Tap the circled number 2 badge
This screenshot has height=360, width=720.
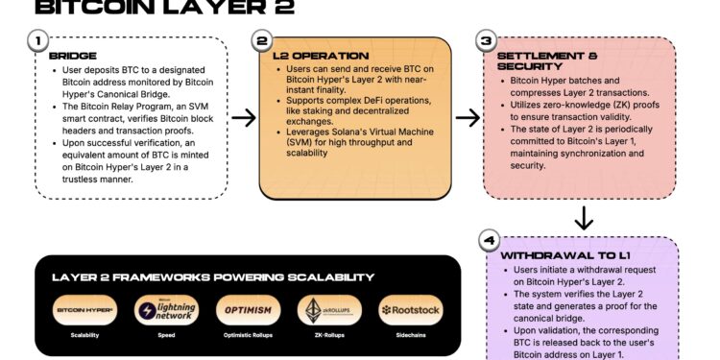point(262,41)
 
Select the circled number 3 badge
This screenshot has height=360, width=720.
point(487,41)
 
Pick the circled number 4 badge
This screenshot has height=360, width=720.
point(488,240)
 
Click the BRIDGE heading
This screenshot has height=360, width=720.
point(71,57)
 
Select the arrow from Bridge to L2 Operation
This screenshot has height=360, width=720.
point(243,118)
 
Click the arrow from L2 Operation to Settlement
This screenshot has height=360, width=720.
point(467,118)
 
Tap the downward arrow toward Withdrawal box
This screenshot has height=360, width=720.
point(583,219)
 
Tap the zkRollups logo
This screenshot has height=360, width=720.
point(328,310)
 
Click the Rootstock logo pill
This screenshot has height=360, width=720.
point(411,310)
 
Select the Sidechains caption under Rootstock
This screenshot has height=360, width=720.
point(411,336)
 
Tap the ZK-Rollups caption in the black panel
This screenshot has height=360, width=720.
point(328,336)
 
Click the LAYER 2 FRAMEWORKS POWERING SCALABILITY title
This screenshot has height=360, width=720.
point(212,277)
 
